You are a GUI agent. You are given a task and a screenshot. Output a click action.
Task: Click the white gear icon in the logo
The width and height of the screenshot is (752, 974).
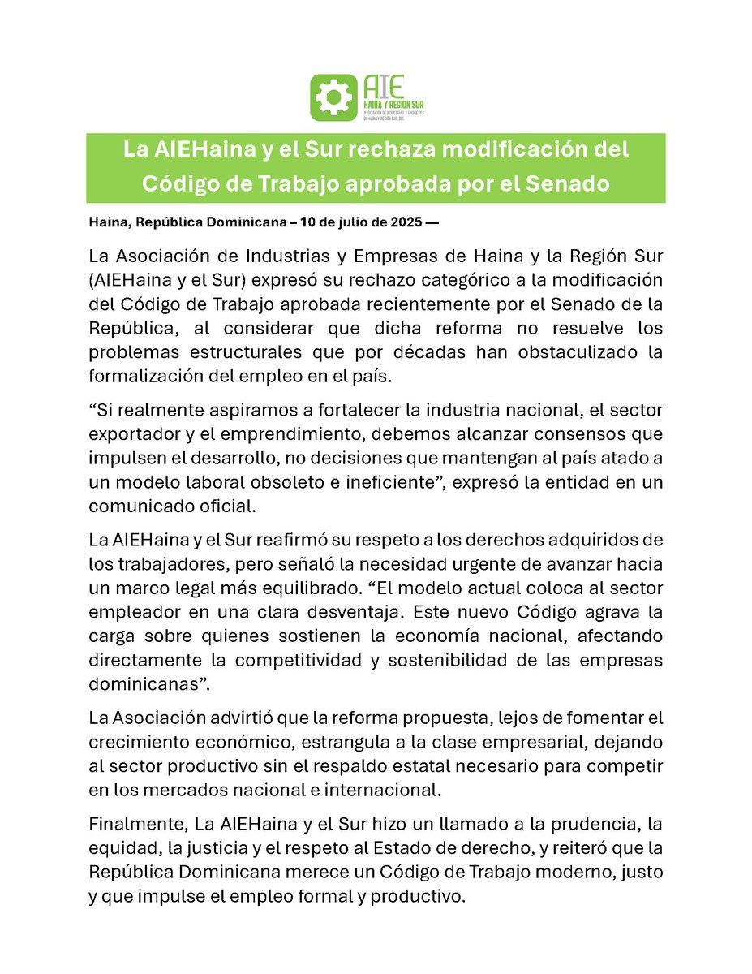pos(333,97)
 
